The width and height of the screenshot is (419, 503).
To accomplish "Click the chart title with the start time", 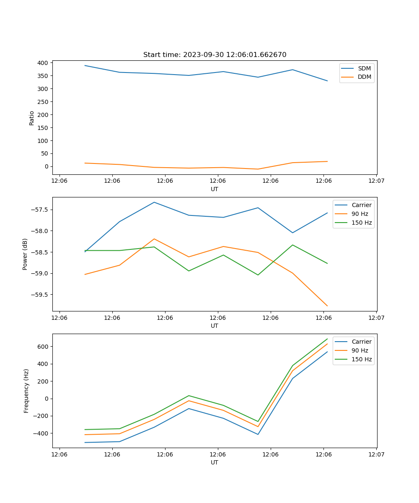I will pos(215,55).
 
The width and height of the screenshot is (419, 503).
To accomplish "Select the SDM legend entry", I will pos(364,68).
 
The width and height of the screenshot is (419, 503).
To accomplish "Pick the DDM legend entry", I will pos(364,77).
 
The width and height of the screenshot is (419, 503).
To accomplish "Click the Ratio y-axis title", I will pos(32,118).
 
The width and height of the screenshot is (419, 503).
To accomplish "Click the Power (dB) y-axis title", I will pos(26,254).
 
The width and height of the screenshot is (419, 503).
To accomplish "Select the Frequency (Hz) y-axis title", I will pos(26,391).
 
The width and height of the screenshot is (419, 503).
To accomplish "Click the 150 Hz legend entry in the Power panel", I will pos(362,223).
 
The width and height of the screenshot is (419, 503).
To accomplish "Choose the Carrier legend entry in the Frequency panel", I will pos(361,342).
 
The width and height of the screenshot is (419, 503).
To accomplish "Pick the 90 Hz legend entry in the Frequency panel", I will pos(360,350).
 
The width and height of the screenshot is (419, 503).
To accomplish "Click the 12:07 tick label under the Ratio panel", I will pos(376,181).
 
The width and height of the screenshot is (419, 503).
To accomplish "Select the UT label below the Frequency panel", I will pos(215,462).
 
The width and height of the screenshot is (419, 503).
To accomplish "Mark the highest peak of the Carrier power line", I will pos(154,202).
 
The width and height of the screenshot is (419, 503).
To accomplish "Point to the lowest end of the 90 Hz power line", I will pos(327,306).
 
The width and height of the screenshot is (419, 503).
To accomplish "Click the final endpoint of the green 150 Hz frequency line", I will pos(327,339).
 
